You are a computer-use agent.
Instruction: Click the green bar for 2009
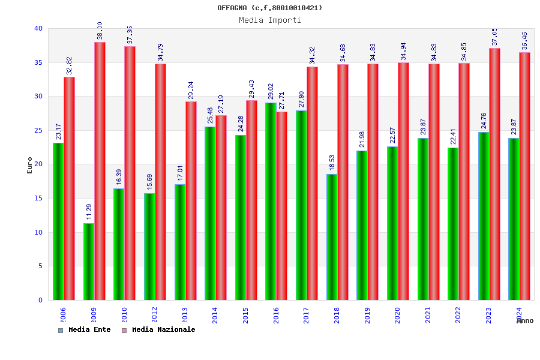coord(89,262)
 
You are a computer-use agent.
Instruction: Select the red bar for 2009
coord(100,171)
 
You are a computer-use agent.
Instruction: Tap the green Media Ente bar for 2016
coord(271,201)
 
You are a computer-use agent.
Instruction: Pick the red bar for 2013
coord(191,200)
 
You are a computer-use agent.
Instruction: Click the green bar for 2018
coord(332,237)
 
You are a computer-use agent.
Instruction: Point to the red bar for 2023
coord(494,174)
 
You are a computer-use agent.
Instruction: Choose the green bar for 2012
coord(149,247)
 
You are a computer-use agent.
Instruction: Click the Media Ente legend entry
coord(85,330)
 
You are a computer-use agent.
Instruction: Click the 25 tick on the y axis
coord(38,130)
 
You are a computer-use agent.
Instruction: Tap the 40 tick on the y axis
coord(38,28)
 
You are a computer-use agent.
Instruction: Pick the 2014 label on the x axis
coord(215,315)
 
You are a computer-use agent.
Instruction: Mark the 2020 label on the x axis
coord(397,315)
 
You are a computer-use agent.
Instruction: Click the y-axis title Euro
coord(30,165)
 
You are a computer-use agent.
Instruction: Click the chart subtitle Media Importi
coord(270,20)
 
